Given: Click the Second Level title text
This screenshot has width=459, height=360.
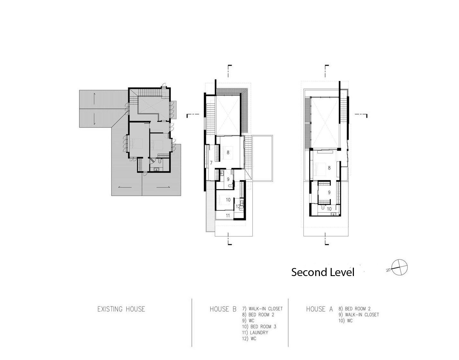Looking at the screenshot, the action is tap(322, 272).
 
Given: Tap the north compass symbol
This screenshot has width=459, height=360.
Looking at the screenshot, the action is tap(398, 267).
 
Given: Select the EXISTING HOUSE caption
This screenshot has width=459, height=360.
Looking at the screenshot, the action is tap(121, 309).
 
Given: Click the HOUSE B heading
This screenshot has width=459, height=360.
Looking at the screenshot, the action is tap(223, 309).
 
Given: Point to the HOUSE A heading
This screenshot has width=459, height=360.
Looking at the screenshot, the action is tap(319, 309).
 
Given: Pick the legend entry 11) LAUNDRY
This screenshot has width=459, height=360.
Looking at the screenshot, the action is tap(255, 333).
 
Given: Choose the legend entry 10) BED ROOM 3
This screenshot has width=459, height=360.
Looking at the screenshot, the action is tap(259, 327).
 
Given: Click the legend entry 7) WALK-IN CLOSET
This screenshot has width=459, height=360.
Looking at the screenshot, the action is tap(262, 309).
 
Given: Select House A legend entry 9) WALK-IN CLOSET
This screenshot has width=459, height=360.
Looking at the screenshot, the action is tap(359, 315).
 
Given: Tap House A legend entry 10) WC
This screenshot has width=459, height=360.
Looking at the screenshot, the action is tap(346, 321).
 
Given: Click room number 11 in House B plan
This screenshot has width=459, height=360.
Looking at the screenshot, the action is tap(228, 216).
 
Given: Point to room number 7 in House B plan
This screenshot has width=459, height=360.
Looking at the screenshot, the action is tap(211, 163).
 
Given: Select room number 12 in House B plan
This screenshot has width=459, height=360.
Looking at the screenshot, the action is tap(238, 206).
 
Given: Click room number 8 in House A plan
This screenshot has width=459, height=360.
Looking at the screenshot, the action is tap(329, 168).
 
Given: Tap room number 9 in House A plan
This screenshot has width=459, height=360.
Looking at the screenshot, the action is tap(329, 193).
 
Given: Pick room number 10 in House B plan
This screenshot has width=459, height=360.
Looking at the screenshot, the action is tap(228, 200).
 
